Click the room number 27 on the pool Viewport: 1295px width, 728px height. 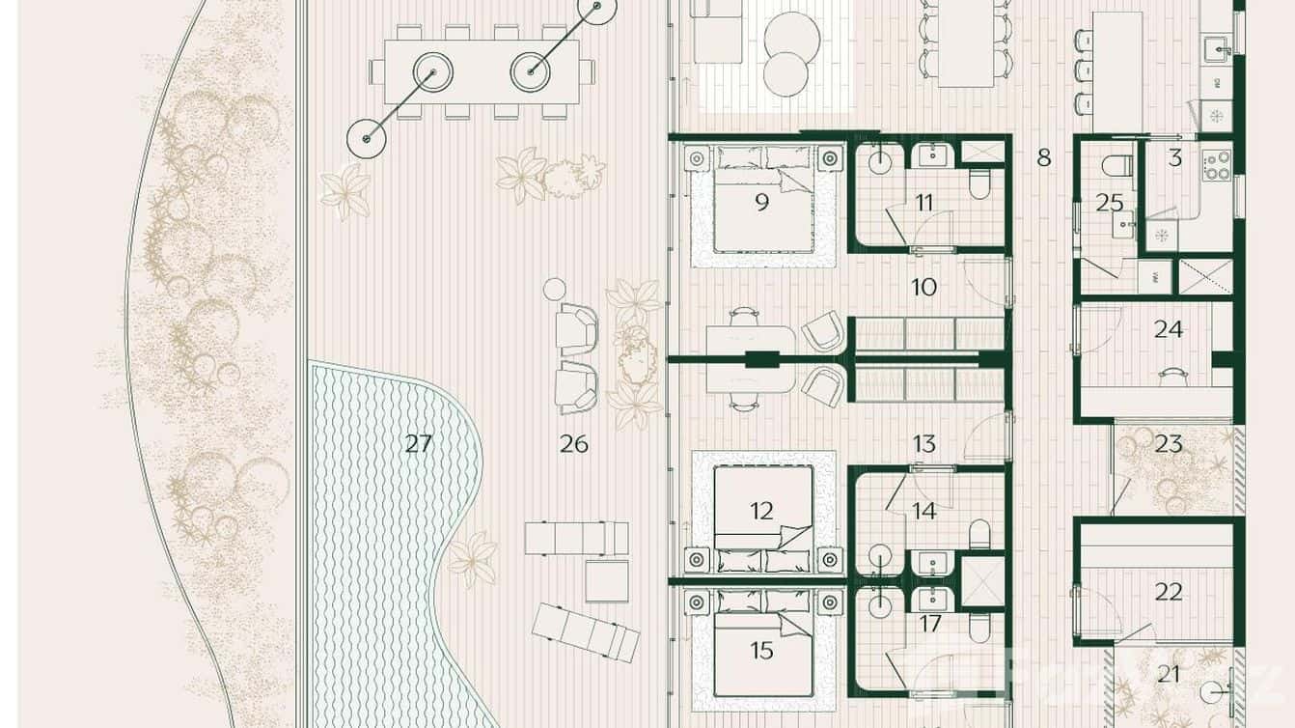click(x=418, y=444)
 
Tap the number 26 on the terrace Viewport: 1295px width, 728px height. click(x=574, y=444)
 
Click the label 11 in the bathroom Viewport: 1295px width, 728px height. click(x=925, y=203)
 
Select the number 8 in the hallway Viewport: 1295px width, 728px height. click(x=1043, y=157)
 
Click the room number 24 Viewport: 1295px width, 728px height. click(x=1169, y=329)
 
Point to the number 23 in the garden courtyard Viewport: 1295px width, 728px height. click(x=1169, y=444)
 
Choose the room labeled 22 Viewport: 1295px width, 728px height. click(x=1169, y=592)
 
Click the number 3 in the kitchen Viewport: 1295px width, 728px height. click(x=1174, y=158)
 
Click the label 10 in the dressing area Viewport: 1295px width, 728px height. click(x=924, y=287)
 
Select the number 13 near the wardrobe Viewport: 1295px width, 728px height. click(x=924, y=444)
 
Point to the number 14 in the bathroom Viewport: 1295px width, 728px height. click(x=924, y=511)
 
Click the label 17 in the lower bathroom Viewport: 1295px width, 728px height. click(x=929, y=624)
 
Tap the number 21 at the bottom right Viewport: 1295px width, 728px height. click(x=1169, y=674)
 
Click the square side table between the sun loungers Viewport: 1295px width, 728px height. click(x=607, y=580)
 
